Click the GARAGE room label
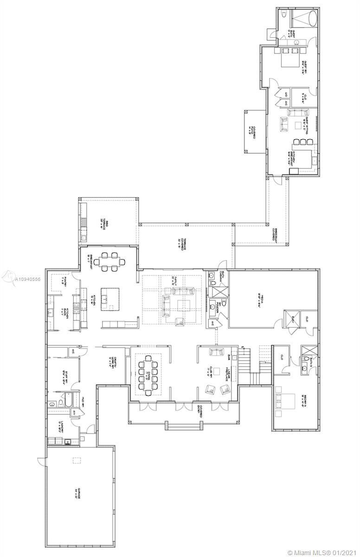(x=79, y=500)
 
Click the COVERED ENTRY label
(x=200, y=408)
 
